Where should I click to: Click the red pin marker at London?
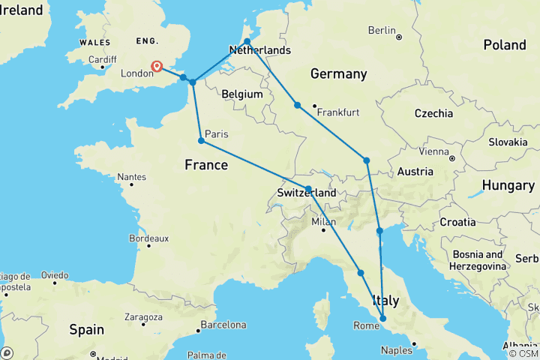(157, 67)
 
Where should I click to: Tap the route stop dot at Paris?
(201, 140)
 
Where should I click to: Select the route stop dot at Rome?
(383, 319)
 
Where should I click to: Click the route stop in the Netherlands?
(247, 42)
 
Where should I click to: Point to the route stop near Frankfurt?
(298, 105)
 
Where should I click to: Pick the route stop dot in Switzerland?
(308, 189)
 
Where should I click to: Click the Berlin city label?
(381, 31)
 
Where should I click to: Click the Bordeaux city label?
(148, 238)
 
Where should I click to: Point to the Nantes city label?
(131, 178)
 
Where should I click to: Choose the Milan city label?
(324, 221)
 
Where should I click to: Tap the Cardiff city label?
(103, 60)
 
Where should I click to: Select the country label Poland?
(504, 45)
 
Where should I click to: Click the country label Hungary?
(508, 184)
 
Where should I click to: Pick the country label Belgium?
(242, 94)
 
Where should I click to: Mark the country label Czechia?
(433, 114)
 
